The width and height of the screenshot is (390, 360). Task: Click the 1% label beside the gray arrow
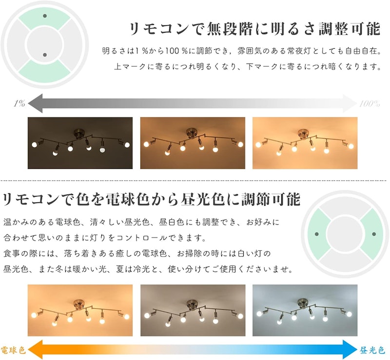tap(19, 103)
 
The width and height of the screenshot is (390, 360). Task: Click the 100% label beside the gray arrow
tap(370, 103)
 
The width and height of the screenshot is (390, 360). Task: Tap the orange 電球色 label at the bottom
tap(13, 350)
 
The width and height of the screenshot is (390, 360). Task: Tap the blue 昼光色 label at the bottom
tap(372, 350)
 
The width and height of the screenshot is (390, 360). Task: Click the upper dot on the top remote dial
tap(45, 16)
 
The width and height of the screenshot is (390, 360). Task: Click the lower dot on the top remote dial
tap(45, 55)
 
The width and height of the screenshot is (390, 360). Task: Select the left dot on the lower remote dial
tap(316, 234)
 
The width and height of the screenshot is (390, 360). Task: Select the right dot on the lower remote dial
tap(373, 234)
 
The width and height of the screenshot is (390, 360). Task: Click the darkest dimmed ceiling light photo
tap(80, 143)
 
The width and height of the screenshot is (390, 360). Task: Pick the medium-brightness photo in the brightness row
tap(193, 143)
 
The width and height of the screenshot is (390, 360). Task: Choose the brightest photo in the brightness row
tap(305, 143)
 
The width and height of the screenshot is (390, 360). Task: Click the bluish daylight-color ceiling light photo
tap(305, 310)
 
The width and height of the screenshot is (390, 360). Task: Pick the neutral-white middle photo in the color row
tap(193, 310)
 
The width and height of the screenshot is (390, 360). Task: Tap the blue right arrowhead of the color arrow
tap(350, 350)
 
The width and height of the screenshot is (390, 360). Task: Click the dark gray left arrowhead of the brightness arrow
tap(35, 103)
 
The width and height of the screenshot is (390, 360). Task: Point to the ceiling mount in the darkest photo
tap(80, 132)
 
